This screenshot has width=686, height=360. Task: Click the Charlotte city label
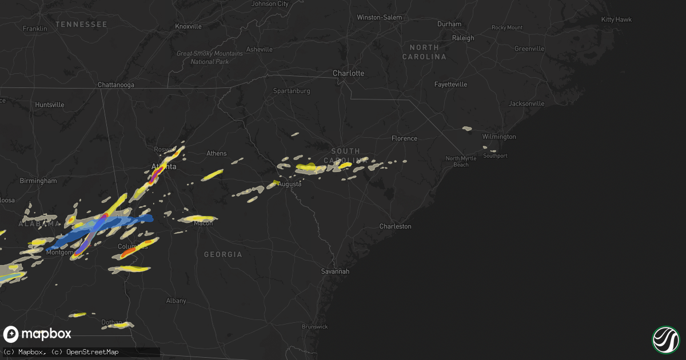point(348,73)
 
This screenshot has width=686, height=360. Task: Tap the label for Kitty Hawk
point(616,19)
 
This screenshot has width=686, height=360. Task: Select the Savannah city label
point(334,271)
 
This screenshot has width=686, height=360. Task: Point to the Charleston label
point(395,226)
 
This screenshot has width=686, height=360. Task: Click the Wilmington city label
point(499,137)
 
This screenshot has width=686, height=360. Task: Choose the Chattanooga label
point(116,85)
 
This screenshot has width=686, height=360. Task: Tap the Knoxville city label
point(188,26)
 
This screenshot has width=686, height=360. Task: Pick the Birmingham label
point(38,181)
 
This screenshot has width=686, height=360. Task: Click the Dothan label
point(111,322)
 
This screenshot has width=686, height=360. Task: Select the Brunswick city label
point(315,327)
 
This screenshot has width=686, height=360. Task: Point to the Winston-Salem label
point(379,18)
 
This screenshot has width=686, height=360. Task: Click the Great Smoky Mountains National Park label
point(202,57)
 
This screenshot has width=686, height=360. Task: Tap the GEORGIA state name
point(223,254)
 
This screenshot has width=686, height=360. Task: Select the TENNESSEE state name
point(81,24)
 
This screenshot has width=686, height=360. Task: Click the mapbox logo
point(38,334)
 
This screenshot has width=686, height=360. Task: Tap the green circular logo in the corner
point(665,339)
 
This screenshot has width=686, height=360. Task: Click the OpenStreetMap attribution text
point(93,352)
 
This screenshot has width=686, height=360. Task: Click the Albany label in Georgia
point(176,301)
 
